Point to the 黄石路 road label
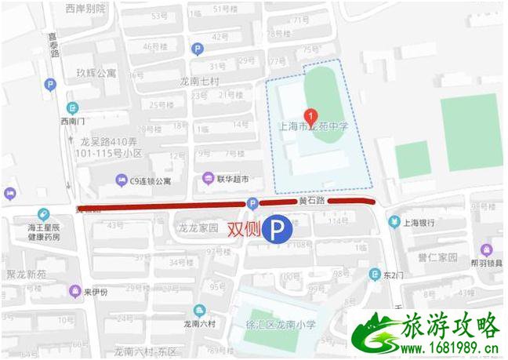click(311, 201)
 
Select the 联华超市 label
click(232, 179)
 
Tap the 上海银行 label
click(420, 222)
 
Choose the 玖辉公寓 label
click(96, 73)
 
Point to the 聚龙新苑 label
click(27, 275)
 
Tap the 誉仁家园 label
click(437, 257)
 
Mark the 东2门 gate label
click(394, 275)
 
